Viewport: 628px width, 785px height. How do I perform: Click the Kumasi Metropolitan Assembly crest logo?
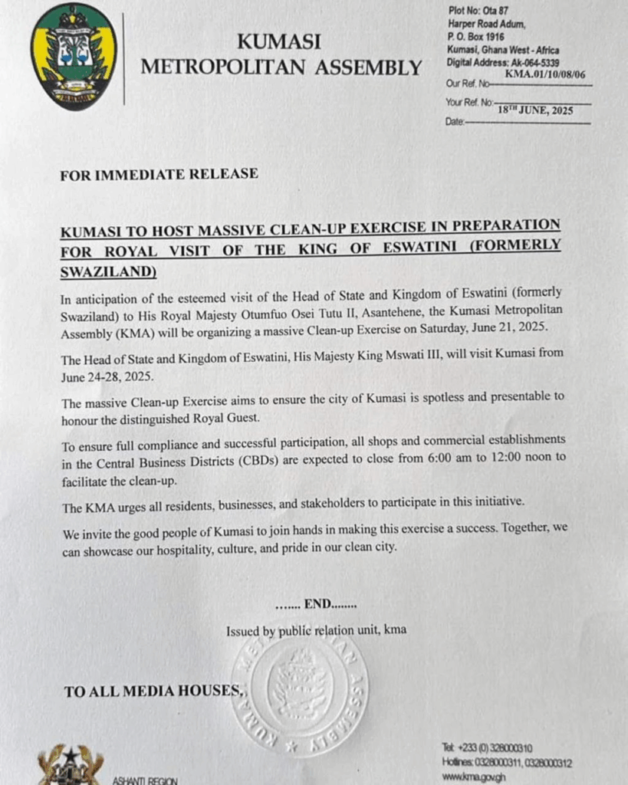point(74,57)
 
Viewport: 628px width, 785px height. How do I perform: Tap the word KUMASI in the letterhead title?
point(278,41)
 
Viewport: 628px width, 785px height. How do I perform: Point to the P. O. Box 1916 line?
point(475,36)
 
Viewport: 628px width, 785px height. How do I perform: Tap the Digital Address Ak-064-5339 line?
point(502,63)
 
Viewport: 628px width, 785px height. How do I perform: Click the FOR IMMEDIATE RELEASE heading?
point(159,174)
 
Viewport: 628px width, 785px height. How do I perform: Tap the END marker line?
point(316,604)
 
